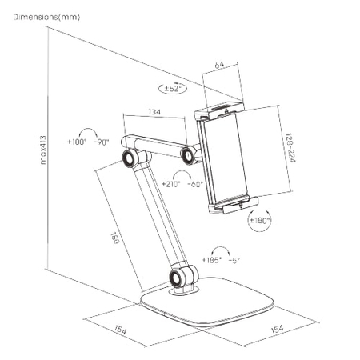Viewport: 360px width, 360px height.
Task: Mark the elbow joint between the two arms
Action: coord(129,159)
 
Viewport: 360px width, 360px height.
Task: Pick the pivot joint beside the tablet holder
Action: coord(190,154)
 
